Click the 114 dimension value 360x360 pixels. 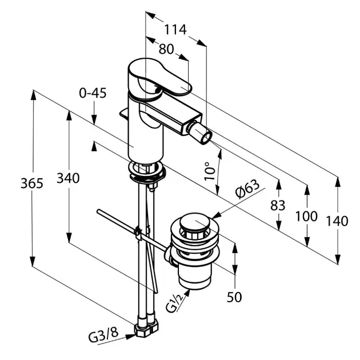[175, 30]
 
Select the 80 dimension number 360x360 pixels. [166, 49]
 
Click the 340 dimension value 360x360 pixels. [68, 178]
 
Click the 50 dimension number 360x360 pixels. [234, 297]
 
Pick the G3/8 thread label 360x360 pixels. [103, 338]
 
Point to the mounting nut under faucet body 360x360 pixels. [147, 171]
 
